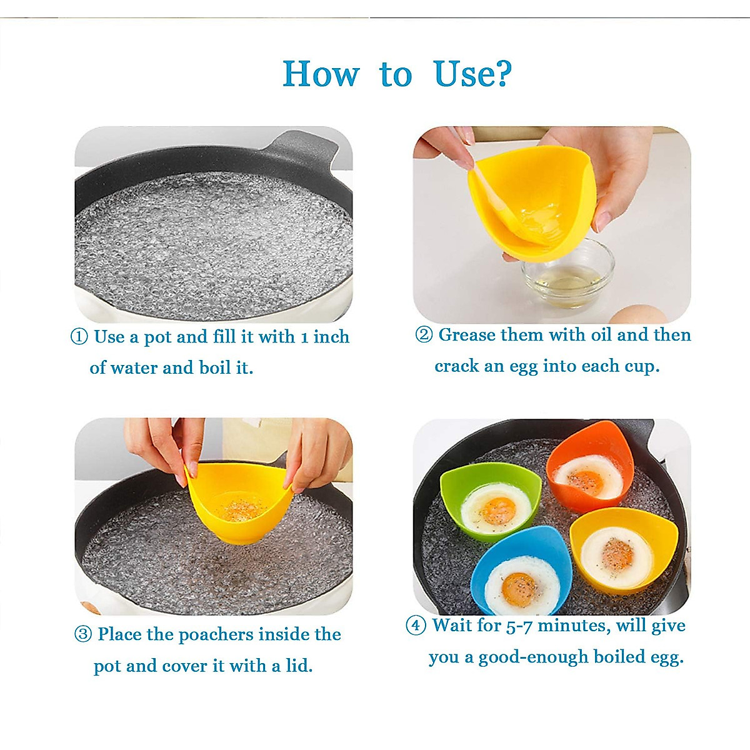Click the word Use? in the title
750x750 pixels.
472,74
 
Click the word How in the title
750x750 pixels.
321,74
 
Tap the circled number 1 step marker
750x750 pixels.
79,337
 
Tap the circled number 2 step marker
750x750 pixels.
424,335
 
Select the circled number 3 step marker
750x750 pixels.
83,634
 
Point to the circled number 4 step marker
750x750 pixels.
416,625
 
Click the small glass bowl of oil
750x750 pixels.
567,276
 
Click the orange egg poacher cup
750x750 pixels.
590,466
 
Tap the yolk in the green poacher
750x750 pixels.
498,511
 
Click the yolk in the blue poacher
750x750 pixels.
519,589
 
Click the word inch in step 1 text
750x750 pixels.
331,337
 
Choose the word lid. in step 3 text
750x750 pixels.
299,666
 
